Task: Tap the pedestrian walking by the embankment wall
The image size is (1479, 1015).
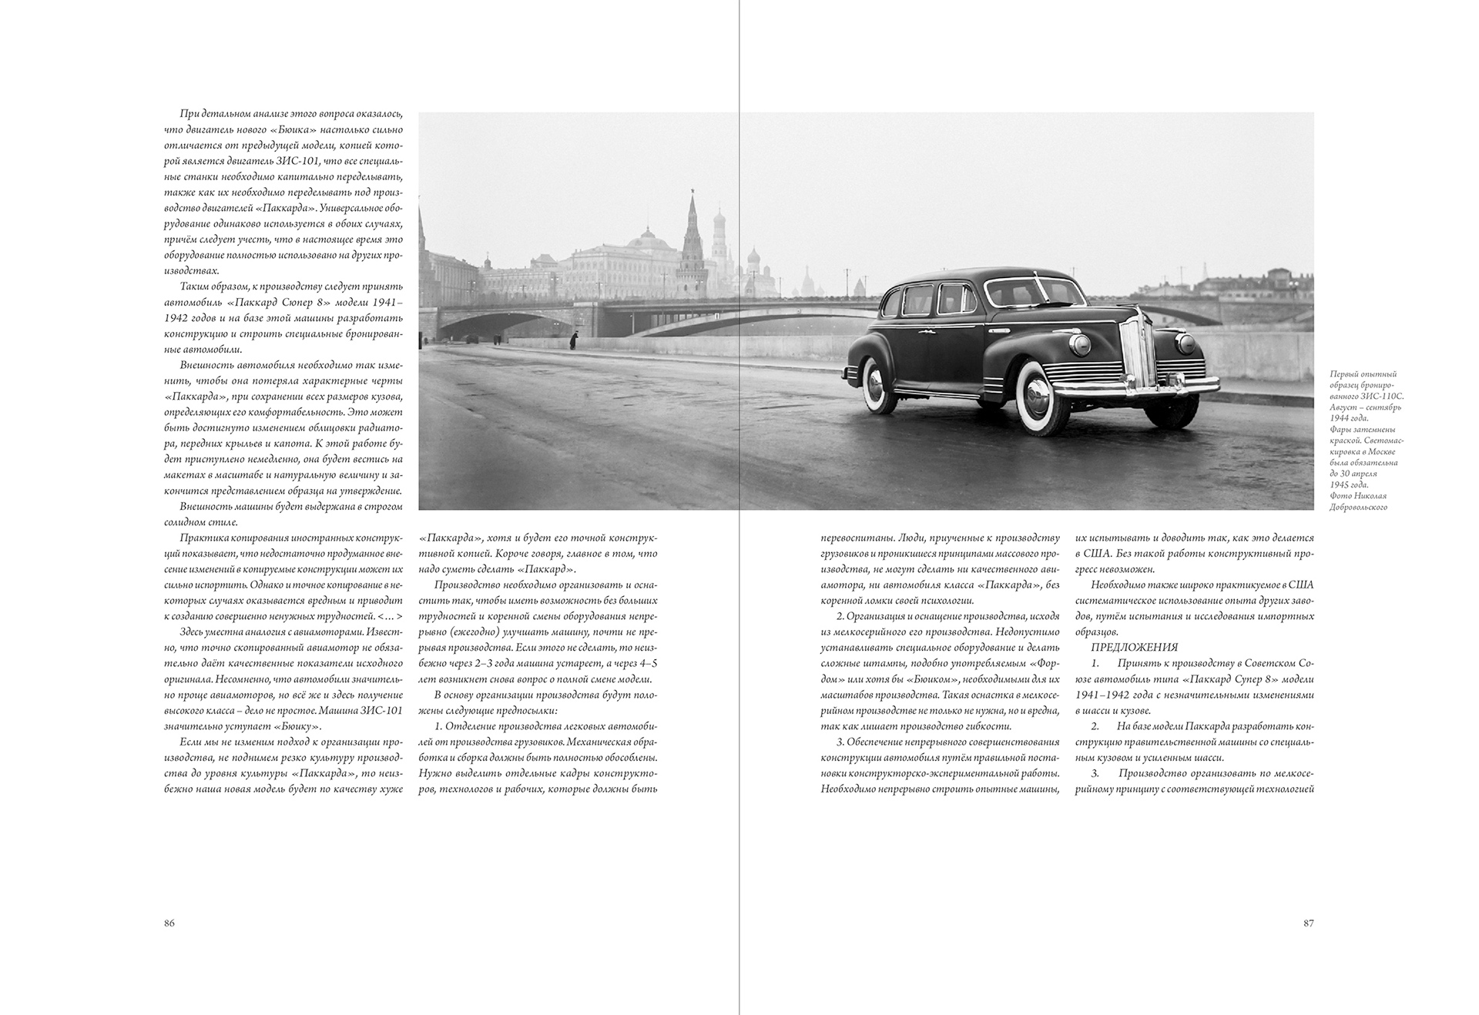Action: click(x=572, y=340)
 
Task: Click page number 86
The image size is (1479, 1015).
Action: click(x=169, y=923)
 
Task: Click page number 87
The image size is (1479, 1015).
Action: click(x=1308, y=923)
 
